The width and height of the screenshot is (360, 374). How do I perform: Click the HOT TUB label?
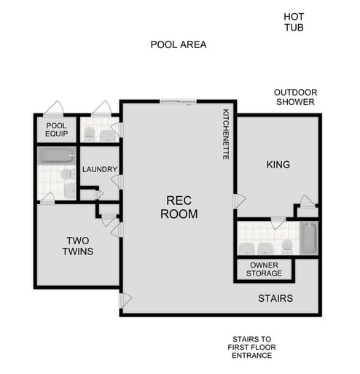pyautogui.click(x=294, y=22)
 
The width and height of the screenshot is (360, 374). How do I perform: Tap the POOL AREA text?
pyautogui.click(x=179, y=44)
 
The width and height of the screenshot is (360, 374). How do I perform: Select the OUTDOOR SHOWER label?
pyautogui.click(x=294, y=97)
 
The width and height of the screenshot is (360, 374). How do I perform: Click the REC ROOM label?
pyautogui.click(x=178, y=207)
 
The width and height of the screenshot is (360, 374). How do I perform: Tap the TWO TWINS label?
pyautogui.click(x=78, y=246)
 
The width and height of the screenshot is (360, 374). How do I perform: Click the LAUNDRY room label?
pyautogui.click(x=100, y=170)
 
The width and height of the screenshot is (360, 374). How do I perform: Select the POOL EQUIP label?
pyautogui.click(x=56, y=130)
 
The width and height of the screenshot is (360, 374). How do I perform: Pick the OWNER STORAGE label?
pyautogui.click(x=265, y=270)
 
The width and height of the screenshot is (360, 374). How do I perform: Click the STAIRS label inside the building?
pyautogui.click(x=275, y=298)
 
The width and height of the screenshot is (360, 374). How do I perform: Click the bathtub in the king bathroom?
pyautogui.click(x=309, y=238)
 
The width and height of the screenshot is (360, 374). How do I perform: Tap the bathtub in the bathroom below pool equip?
pyautogui.click(x=56, y=155)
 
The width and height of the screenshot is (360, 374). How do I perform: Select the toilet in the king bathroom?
pyautogui.click(x=287, y=247)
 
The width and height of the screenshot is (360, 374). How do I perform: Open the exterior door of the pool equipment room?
pyautogui.click(x=53, y=109)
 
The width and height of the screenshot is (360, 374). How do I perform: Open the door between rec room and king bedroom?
pyautogui.click(x=238, y=200)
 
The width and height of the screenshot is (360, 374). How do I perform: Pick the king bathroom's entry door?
pyautogui.click(x=277, y=223)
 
